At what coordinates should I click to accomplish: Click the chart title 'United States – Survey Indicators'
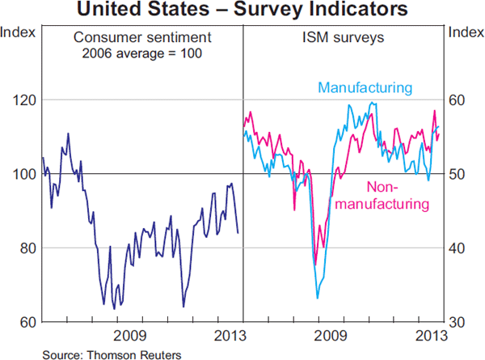coord(242,11)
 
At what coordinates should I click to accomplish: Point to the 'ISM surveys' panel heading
coord(344,38)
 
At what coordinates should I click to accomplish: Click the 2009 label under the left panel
coord(129,336)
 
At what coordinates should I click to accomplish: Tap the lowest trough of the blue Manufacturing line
coord(317,298)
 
